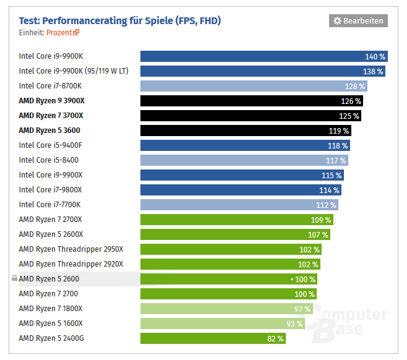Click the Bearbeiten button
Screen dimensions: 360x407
[x=358, y=20]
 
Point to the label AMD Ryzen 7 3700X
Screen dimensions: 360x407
[x=51, y=116]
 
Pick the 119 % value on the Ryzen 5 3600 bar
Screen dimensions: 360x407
[x=339, y=131]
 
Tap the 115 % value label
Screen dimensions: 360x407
[x=332, y=175]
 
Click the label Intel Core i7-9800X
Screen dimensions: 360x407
[x=50, y=190]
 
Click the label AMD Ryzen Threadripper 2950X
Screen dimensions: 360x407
[x=71, y=249]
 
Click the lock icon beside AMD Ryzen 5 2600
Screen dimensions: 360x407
[x=14, y=279]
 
